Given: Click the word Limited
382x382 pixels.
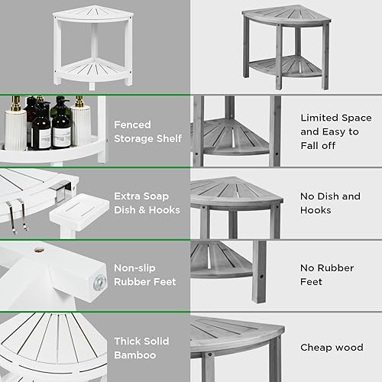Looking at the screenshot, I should tap(319, 118).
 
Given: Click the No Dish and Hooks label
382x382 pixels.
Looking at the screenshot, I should tap(329, 203).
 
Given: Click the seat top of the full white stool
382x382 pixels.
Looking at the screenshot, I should tap(81, 18).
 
